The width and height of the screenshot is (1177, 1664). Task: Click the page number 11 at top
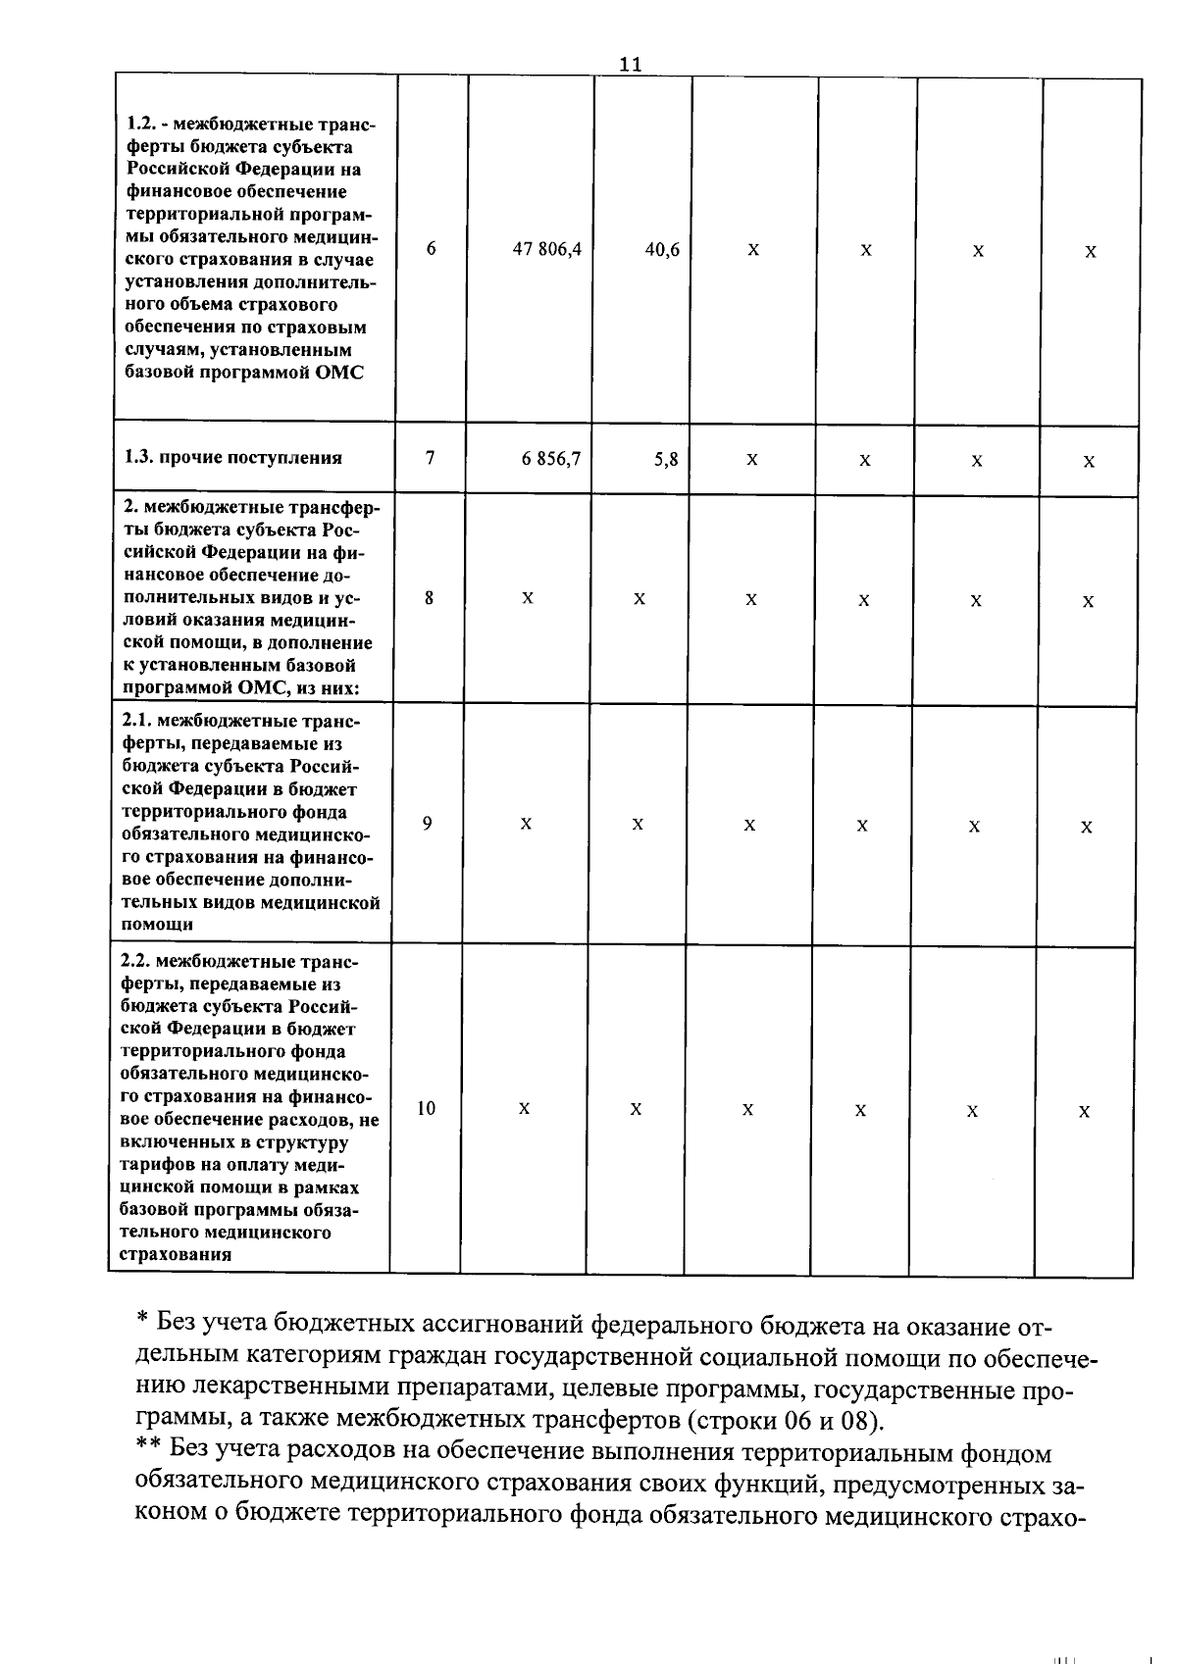631,64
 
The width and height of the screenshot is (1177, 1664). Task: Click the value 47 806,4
547,249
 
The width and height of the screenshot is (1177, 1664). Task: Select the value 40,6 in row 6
662,250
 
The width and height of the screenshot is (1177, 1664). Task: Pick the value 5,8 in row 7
667,459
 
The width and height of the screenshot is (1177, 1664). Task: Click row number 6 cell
431,249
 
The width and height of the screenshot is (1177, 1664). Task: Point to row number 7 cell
430,457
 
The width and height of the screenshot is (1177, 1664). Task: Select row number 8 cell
429,597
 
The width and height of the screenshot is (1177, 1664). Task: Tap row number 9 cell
427,824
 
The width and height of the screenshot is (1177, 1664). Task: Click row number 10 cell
426,1108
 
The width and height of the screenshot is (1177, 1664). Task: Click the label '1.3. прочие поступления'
233,457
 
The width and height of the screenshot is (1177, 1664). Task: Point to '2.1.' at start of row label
139,722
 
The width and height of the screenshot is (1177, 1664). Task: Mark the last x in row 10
1084,1112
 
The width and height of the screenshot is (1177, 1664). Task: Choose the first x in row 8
528,598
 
